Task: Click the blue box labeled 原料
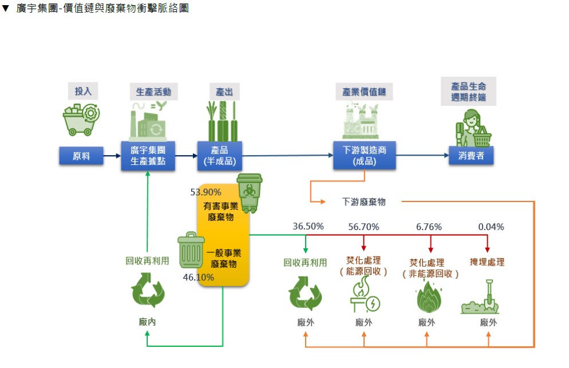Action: click(81, 156)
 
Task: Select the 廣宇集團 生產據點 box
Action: click(148, 156)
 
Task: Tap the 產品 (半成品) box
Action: click(220, 156)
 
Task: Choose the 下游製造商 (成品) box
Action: click(364, 156)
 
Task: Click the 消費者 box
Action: click(471, 156)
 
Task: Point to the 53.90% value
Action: click(206, 192)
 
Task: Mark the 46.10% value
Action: click(199, 278)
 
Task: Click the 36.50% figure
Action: click(309, 227)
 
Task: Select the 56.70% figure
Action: click(363, 227)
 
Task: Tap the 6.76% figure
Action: click(429, 227)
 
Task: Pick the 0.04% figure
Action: click(491, 227)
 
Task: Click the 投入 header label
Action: click(83, 91)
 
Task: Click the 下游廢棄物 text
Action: click(364, 201)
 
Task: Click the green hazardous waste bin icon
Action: click(250, 192)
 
